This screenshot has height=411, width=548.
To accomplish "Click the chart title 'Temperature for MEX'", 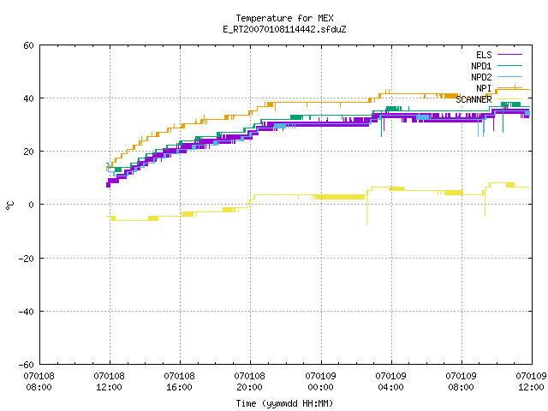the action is click(x=284, y=18).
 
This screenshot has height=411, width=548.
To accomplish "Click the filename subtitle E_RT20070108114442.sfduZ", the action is click(x=284, y=29).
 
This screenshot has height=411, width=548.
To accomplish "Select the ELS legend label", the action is click(x=484, y=55).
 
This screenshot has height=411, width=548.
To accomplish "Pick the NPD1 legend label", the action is click(x=481, y=66).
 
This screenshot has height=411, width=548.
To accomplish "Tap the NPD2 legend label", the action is click(x=481, y=77).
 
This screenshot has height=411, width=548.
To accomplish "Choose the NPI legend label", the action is click(x=484, y=88).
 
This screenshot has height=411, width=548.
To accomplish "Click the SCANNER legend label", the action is click(x=474, y=99).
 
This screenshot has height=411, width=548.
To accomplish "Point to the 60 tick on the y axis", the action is click(x=28, y=45).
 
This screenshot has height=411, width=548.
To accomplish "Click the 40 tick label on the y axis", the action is click(x=28, y=98).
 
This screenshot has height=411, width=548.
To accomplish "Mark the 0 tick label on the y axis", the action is click(x=32, y=205).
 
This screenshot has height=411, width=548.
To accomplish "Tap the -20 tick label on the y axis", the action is click(x=27, y=259).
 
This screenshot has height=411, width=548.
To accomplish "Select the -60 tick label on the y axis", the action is click(x=27, y=365).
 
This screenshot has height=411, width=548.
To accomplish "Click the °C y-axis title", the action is click(x=9, y=205).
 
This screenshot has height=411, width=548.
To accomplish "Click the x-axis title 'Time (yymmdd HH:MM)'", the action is click(x=284, y=403).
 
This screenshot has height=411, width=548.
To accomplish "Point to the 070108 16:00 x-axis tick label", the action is click(x=179, y=382).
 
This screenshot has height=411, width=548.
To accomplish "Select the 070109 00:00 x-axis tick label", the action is click(x=320, y=382).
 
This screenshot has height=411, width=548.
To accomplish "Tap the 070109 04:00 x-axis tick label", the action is click(x=390, y=382).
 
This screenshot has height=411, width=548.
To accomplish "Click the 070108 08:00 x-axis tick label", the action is click(x=39, y=382).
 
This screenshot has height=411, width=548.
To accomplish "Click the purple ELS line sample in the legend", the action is click(x=509, y=55).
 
